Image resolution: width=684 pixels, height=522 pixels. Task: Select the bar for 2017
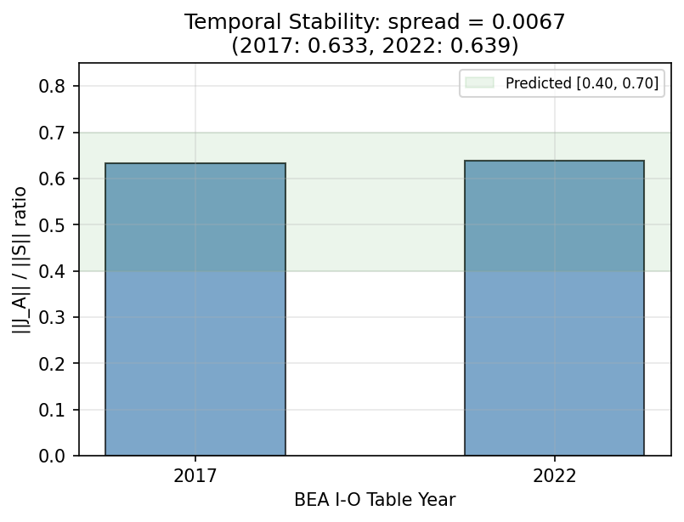pyautogui.click(x=195, y=309)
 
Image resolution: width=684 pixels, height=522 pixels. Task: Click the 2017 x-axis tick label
pyautogui.click(x=195, y=476)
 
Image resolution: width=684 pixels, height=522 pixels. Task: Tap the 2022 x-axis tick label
pyautogui.click(x=554, y=476)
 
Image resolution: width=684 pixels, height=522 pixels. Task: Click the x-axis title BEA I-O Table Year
pyautogui.click(x=375, y=500)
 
